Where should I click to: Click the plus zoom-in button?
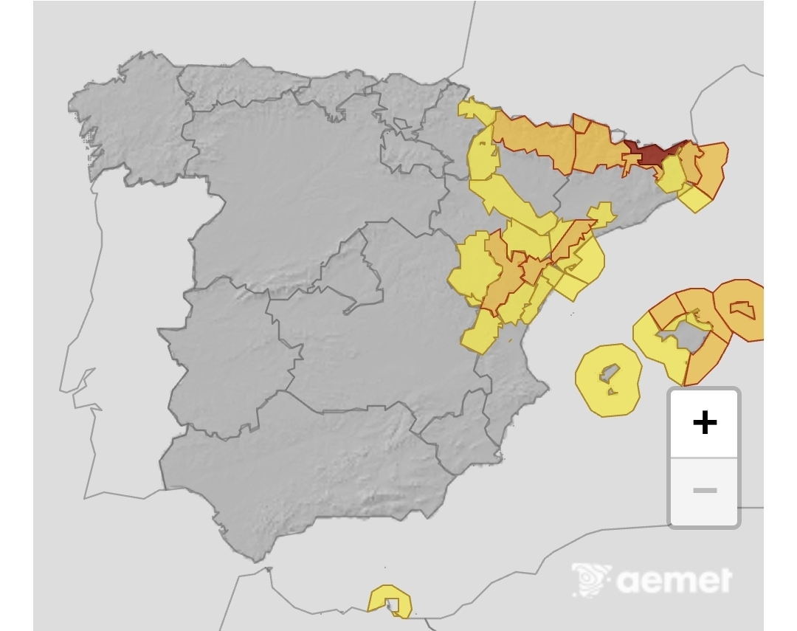[704, 423]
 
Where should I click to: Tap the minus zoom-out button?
[704, 491]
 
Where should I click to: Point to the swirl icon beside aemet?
[592, 579]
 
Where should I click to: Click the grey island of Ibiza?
[610, 372]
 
